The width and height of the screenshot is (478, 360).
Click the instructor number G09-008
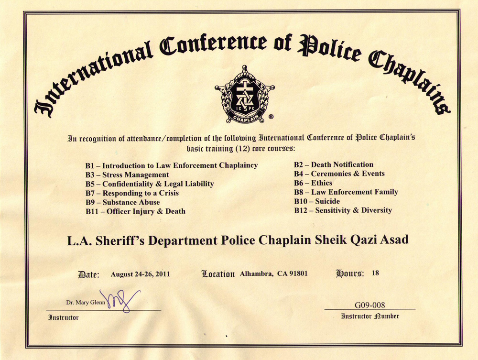(x=369, y=305)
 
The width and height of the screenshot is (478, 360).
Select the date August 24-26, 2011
(x=140, y=274)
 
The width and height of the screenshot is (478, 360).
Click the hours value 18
(x=375, y=273)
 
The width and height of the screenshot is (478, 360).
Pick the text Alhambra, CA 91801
(x=273, y=274)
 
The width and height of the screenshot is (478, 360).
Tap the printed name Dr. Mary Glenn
(x=86, y=303)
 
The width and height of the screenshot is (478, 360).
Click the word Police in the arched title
(x=326, y=48)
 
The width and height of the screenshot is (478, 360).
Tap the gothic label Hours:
(x=350, y=274)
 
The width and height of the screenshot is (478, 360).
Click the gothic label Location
(x=218, y=274)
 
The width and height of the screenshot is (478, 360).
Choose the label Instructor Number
(x=369, y=316)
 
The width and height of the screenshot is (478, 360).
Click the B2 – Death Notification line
(x=333, y=165)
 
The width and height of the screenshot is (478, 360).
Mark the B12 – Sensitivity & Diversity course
(x=343, y=210)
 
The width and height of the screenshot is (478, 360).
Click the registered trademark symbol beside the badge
(x=271, y=116)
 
